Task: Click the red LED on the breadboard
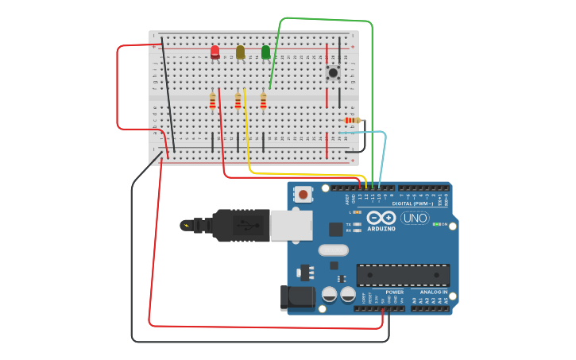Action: [x=215, y=52]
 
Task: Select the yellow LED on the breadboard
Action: [x=240, y=52]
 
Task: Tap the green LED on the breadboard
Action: [x=265, y=52]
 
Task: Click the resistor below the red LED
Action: [x=212, y=101]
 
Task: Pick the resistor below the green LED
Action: [x=263, y=101]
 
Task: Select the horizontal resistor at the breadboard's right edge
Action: [x=352, y=120]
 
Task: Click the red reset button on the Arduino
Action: [x=303, y=194]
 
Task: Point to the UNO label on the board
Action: [x=414, y=218]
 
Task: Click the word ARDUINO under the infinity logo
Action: [x=381, y=229]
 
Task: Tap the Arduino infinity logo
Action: [x=381, y=218]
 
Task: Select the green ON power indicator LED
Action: [x=436, y=224]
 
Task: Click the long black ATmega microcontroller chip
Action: [x=403, y=275]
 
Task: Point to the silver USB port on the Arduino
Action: [x=291, y=226]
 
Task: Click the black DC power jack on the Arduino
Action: [x=297, y=298]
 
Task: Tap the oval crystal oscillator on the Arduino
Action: [x=333, y=250]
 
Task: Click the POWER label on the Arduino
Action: [x=394, y=292]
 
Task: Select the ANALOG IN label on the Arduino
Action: [x=433, y=292]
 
